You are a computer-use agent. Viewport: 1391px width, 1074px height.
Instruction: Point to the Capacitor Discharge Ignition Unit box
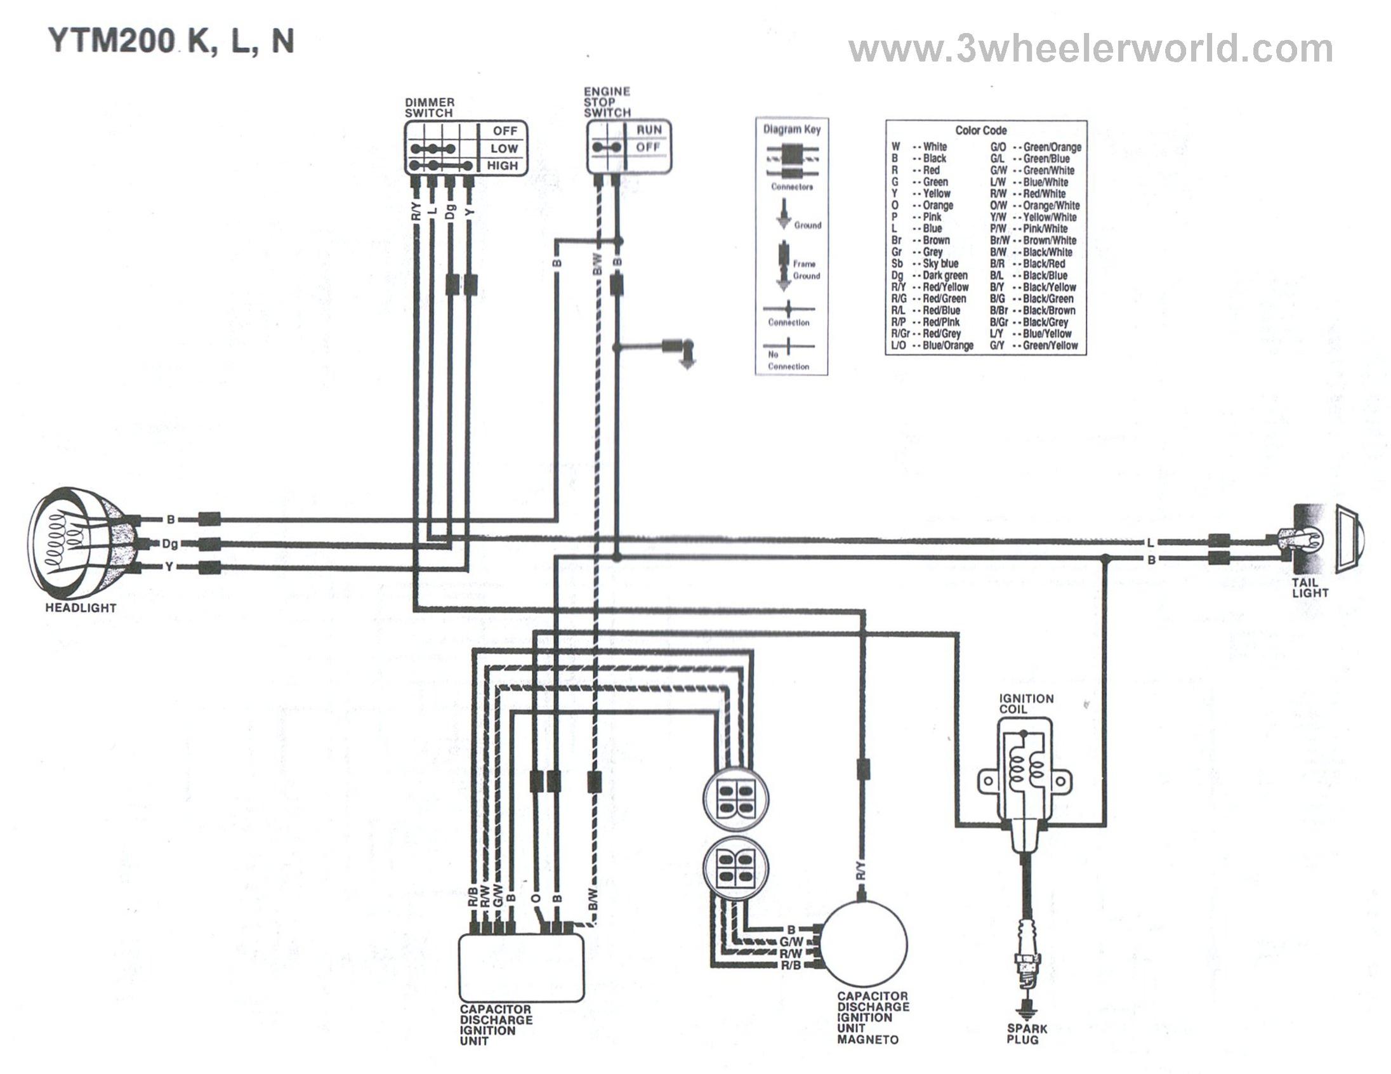(x=522, y=968)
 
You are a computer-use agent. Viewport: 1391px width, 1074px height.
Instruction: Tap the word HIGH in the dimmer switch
(x=503, y=166)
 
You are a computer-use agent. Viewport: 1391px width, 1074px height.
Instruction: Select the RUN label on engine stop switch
(x=649, y=130)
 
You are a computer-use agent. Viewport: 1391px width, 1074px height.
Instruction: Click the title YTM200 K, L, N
(x=171, y=42)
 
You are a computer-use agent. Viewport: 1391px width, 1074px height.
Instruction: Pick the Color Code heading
(x=981, y=131)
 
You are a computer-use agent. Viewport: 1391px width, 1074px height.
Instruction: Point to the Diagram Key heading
(x=792, y=129)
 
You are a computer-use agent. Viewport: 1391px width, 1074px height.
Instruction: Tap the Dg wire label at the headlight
(x=170, y=543)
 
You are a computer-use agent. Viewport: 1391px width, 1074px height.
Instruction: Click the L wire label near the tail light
(x=1150, y=543)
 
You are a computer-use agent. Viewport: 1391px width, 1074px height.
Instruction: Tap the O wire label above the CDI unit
(x=536, y=898)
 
